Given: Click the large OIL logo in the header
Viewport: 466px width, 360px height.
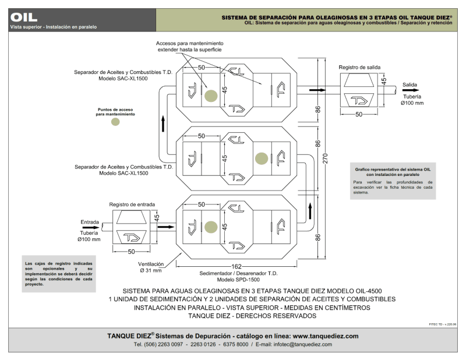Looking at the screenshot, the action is pos(24,17).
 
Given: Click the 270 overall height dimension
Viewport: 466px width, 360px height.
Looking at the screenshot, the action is pos(326,158).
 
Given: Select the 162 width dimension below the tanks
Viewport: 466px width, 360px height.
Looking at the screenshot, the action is pos(236,266).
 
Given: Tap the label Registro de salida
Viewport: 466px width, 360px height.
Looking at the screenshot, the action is pos(359,68).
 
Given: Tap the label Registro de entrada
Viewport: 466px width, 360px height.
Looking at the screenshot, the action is pos(132,204).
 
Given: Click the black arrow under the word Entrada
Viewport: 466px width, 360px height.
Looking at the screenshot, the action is pos(91,228).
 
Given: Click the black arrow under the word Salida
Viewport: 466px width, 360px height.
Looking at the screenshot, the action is pos(411,90).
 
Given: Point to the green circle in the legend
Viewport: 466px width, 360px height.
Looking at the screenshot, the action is pos(115,122).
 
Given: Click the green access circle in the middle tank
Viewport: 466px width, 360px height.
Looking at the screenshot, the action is pos(262,158).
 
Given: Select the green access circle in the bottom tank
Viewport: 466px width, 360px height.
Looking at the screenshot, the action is pos(211,227).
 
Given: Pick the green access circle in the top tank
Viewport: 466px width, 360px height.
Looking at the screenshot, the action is pos(211,96).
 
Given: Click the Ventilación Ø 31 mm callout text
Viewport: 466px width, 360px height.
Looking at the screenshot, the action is pos(151,267).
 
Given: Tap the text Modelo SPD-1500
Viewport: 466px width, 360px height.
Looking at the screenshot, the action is pos(238,280).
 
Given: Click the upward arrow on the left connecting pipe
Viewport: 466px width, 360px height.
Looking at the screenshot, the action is pos(163,123).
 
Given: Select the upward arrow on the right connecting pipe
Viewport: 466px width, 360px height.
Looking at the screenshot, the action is pos(310,211).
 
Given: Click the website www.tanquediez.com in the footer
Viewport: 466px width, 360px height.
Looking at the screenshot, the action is pos(326,336).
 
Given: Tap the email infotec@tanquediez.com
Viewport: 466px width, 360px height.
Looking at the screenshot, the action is pos(302,344).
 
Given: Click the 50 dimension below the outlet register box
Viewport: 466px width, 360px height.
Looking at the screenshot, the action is pos(359,114).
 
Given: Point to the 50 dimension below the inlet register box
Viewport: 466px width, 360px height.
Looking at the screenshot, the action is pos(132,252).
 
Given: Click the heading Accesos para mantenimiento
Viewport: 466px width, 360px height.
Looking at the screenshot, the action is pos(190,44).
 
